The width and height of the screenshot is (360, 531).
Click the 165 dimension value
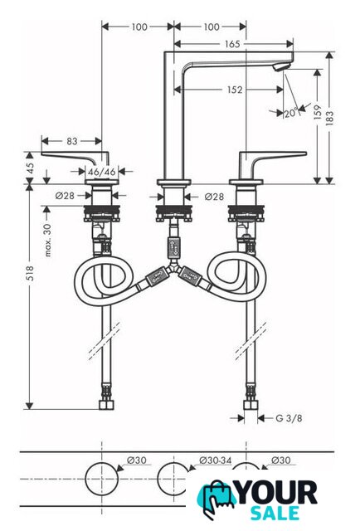(232, 44)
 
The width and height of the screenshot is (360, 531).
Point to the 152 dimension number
(235, 90)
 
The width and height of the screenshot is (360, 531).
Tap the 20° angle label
(290, 113)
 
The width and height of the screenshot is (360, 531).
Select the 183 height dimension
(329, 118)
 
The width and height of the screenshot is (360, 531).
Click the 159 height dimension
(318, 113)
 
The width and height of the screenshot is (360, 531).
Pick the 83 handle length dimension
(72, 141)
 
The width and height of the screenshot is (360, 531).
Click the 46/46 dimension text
(101, 172)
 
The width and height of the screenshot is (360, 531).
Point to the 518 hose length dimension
(30, 273)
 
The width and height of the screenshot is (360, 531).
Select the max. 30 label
(48, 240)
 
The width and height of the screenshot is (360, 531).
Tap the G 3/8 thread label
(289, 418)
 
